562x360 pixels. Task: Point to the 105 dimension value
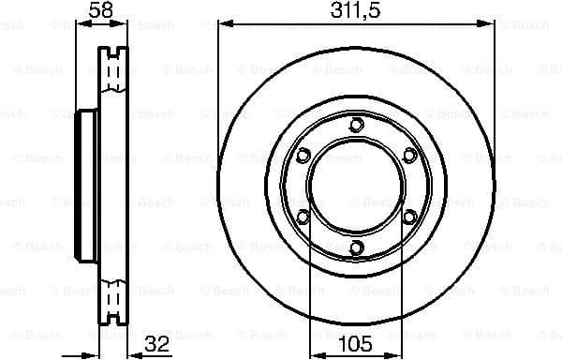(355, 343)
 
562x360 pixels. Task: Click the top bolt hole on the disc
(355, 125)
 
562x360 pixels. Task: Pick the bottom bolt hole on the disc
(355, 247)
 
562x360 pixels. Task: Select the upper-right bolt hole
(408, 156)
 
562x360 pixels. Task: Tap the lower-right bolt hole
(408, 217)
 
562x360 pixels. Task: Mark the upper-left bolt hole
(302, 156)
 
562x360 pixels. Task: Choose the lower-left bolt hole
(302, 217)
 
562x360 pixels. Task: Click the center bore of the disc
(355, 187)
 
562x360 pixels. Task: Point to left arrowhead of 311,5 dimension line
(223, 24)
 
